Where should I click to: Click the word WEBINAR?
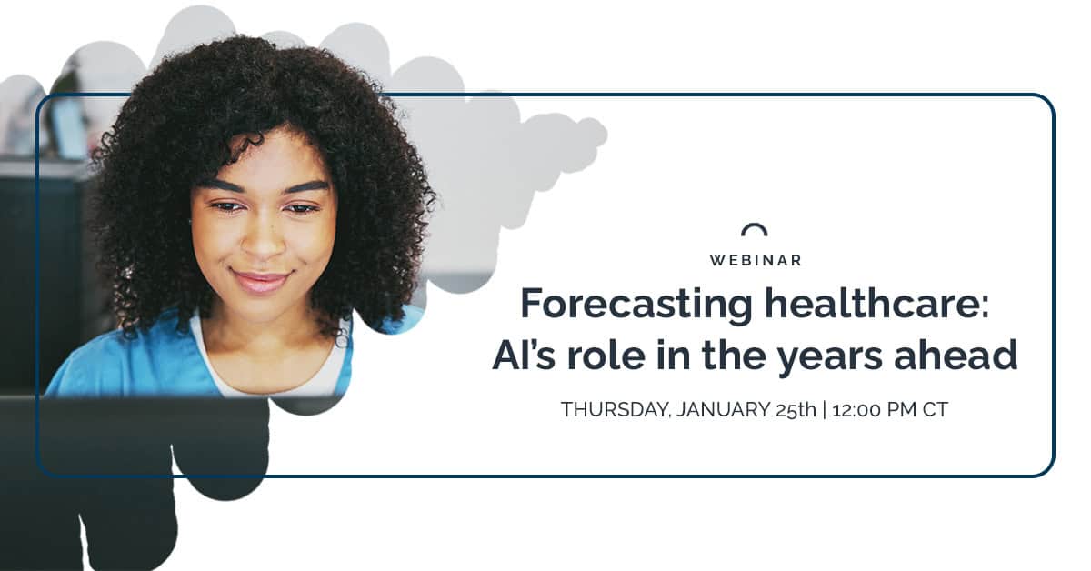[755, 260]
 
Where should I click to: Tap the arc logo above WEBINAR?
[755, 230]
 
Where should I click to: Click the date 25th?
[794, 410]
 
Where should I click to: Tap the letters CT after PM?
[936, 410]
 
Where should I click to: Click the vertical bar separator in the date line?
[825, 410]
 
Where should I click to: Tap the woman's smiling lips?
[260, 280]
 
